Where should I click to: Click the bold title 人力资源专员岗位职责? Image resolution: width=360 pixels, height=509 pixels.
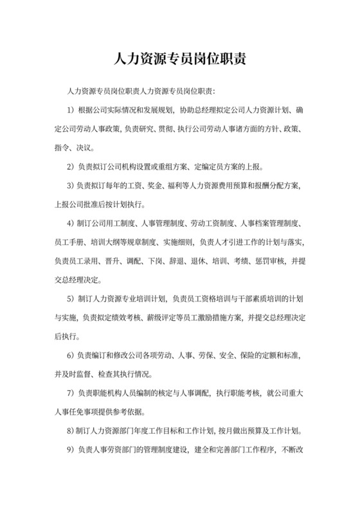[x=180, y=60]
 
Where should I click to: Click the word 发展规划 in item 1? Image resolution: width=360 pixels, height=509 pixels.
[x=154, y=110]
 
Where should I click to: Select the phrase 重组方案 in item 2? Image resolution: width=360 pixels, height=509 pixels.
[x=172, y=167]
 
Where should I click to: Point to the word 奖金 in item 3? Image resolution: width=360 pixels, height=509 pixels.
[x=155, y=186]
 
